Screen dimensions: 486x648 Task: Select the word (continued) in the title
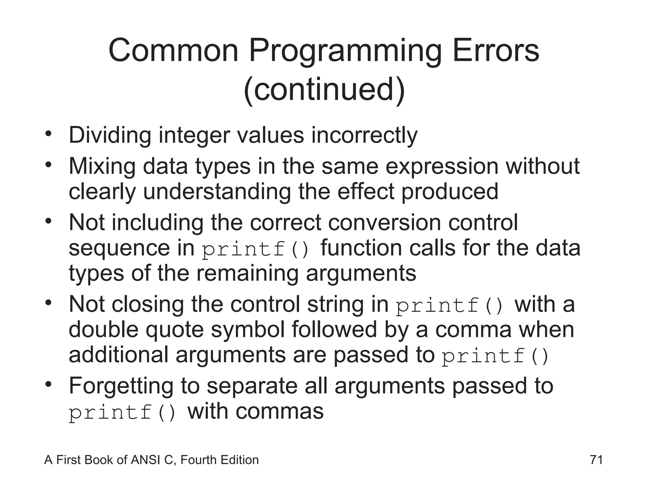(x=324, y=90)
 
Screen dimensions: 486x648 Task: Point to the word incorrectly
(x=364, y=135)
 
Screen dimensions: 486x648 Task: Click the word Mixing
(x=102, y=166)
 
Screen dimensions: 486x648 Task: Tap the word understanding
(x=217, y=191)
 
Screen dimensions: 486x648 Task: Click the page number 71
(x=596, y=460)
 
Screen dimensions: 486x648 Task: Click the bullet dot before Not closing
(x=48, y=303)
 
